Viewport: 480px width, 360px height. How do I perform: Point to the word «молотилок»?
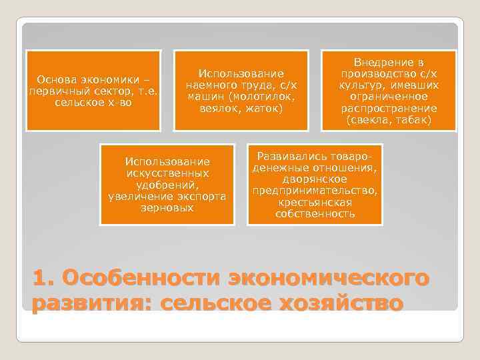[255, 96]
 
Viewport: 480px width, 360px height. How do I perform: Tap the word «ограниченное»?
[389, 96]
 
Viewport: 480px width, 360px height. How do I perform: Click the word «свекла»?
[369, 120]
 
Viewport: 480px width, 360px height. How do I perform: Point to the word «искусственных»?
[167, 173]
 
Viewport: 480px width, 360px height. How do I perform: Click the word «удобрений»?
[167, 185]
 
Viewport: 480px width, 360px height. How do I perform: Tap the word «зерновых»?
[167, 208]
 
